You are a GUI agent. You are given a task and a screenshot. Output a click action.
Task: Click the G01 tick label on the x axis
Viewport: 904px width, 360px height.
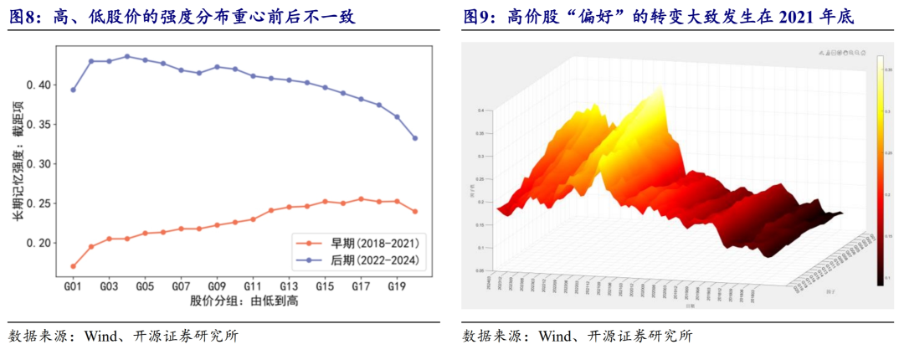(x=73, y=285)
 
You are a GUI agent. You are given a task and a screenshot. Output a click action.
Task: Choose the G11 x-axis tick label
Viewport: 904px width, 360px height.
(x=253, y=285)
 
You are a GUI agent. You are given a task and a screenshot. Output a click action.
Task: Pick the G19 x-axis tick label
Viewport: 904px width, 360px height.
(x=397, y=285)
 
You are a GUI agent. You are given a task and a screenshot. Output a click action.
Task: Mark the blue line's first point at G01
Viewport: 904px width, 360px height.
(x=73, y=90)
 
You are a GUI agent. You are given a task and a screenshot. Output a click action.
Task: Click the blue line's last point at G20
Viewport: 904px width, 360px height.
(x=415, y=138)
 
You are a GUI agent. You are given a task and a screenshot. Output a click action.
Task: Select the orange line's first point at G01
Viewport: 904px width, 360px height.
(x=73, y=266)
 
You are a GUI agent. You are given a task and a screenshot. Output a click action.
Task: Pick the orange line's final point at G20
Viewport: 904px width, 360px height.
(x=415, y=211)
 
